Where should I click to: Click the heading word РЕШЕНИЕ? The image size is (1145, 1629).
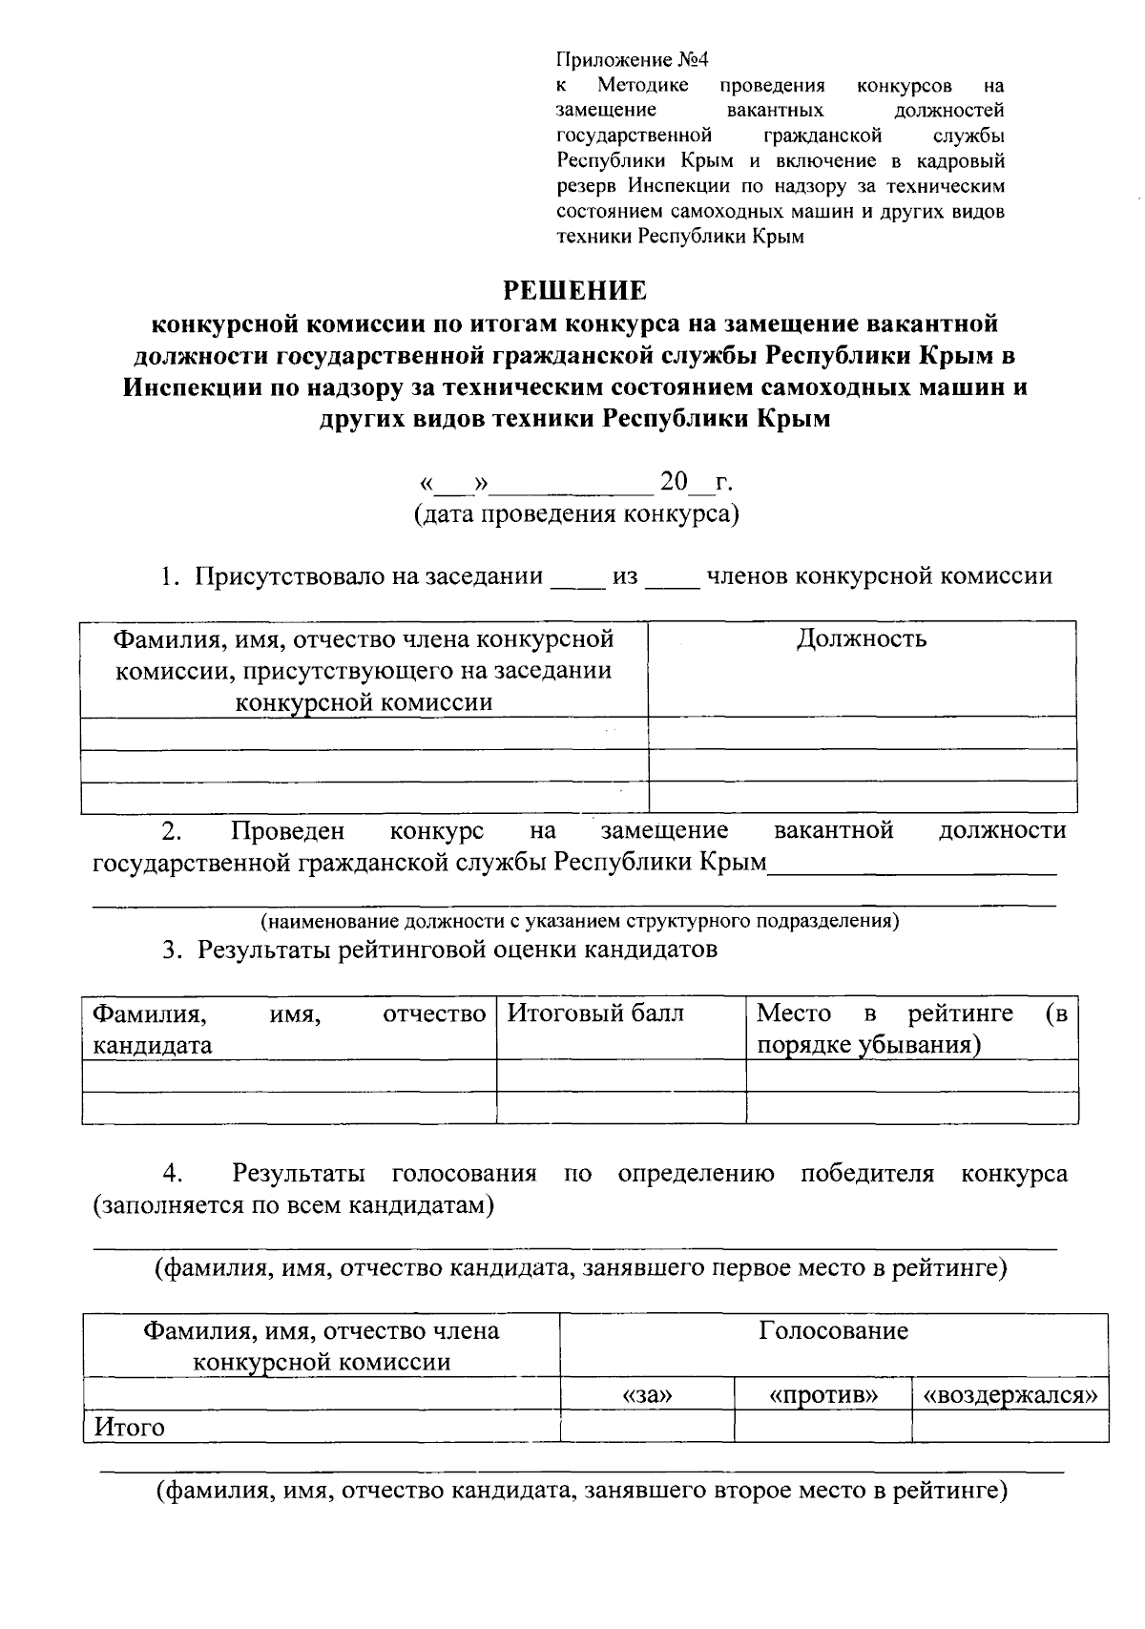[574, 290]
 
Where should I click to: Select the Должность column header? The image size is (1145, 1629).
[862, 638]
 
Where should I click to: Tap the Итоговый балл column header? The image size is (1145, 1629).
[595, 1013]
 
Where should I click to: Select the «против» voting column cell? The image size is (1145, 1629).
[822, 1394]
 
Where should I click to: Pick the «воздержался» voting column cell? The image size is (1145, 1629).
[1010, 1394]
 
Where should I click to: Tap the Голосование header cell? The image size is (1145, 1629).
[833, 1330]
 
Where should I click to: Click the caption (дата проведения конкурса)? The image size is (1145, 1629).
[576, 515]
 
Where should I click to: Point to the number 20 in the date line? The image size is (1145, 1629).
[674, 482]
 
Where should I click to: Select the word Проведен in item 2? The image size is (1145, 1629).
[287, 830]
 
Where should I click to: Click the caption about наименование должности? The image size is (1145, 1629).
[580, 921]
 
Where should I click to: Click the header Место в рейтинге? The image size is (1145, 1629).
[911, 1028]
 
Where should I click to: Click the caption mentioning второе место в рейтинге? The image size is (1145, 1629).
[582, 1491]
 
